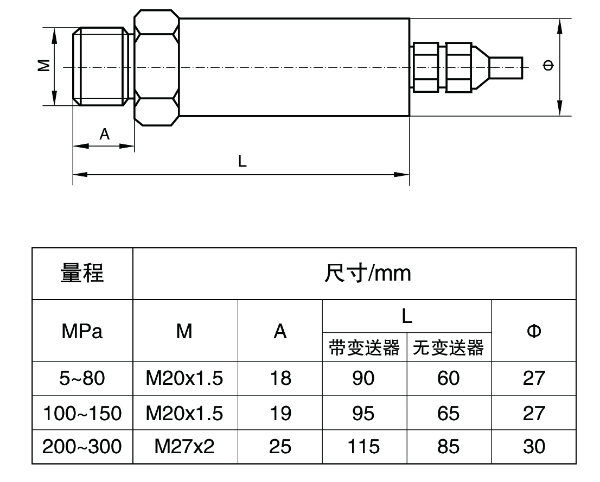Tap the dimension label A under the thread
click(x=105, y=134)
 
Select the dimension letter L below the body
click(x=242, y=161)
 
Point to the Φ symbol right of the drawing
click(x=548, y=66)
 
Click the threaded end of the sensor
click(x=101, y=66)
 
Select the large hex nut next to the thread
click(x=156, y=67)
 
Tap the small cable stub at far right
click(x=506, y=67)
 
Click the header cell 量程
click(x=82, y=273)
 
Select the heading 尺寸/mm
click(x=367, y=273)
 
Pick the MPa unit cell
click(x=82, y=331)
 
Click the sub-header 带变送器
click(x=364, y=347)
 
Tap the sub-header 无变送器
click(x=448, y=347)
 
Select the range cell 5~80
click(x=82, y=378)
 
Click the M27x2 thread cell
click(x=184, y=447)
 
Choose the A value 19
click(x=280, y=413)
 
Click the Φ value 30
click(x=534, y=447)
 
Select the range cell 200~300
click(x=82, y=447)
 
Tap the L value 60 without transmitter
click(x=448, y=378)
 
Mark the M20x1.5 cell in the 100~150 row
click(x=184, y=413)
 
